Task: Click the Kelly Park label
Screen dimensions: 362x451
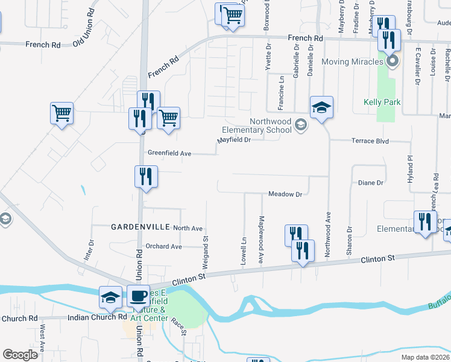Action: click(x=382, y=103)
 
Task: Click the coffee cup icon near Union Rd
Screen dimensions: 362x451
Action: click(x=138, y=296)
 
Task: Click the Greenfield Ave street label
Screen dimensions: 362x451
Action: click(x=169, y=154)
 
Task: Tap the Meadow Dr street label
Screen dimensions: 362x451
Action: click(x=285, y=194)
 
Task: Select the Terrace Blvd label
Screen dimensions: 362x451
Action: click(x=370, y=141)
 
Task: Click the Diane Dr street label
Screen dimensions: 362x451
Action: click(x=371, y=182)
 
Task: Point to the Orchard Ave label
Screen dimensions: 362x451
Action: click(x=163, y=246)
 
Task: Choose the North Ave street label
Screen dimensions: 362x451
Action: click(x=188, y=229)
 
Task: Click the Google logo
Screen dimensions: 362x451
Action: click(x=20, y=355)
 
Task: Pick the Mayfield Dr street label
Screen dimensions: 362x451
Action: click(x=234, y=140)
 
